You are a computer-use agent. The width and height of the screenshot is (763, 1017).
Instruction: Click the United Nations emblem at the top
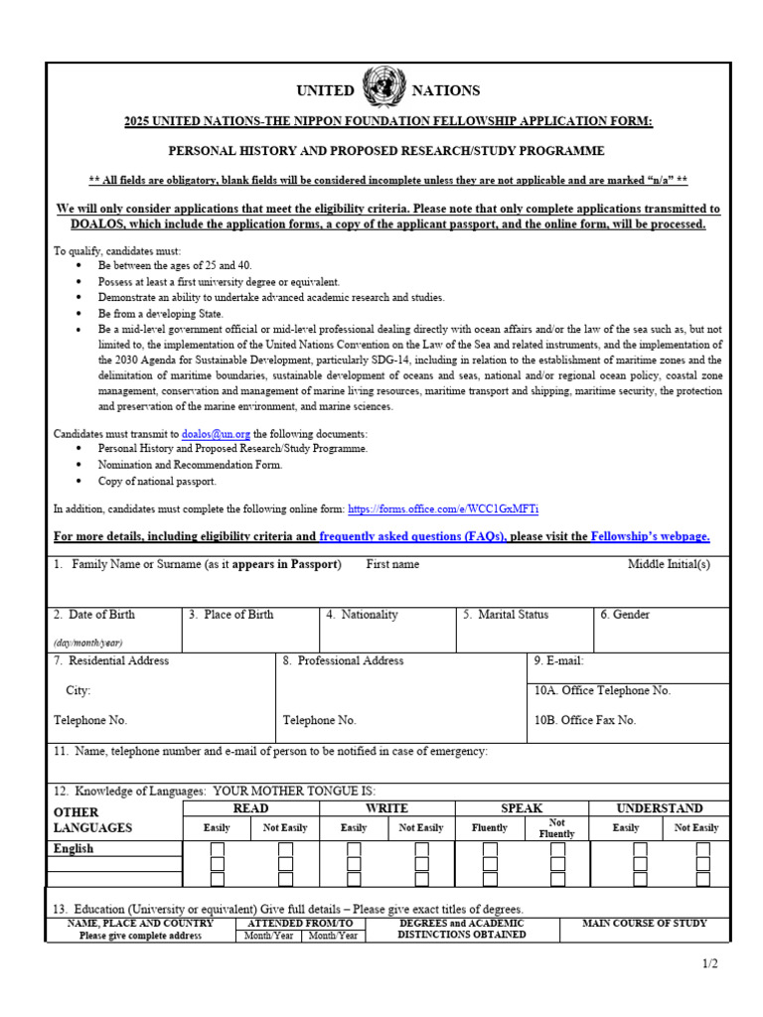(381, 87)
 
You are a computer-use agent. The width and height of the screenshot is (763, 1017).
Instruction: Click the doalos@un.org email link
(216, 434)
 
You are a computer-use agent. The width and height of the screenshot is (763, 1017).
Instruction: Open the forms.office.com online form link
(443, 509)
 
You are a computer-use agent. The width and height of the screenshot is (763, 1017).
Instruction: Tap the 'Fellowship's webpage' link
(650, 537)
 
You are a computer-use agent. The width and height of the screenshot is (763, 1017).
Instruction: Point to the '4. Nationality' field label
(362, 615)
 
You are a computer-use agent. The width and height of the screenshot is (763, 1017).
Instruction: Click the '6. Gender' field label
(625, 615)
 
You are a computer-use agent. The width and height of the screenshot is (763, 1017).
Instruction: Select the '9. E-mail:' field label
(559, 660)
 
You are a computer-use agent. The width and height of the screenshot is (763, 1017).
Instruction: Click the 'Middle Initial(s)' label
(669, 564)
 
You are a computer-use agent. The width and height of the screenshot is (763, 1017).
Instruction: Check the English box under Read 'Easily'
(218, 850)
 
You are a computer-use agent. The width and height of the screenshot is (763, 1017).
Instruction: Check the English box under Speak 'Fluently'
(490, 850)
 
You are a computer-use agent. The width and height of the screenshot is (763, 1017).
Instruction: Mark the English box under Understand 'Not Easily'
(703, 850)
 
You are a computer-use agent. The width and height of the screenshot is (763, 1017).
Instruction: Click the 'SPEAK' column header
(522, 808)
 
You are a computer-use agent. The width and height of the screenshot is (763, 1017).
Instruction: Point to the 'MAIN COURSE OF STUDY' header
(644, 924)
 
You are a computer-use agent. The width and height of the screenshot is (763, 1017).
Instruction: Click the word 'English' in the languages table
(74, 849)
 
